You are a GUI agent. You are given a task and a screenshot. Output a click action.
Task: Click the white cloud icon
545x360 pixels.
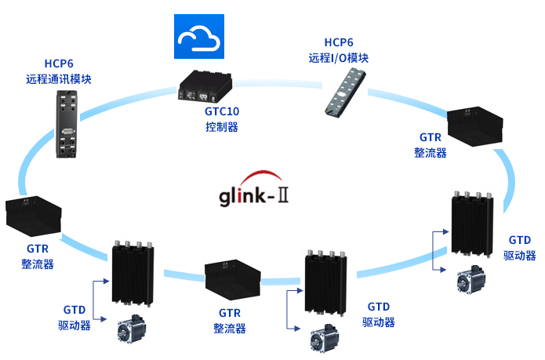coord(198,36)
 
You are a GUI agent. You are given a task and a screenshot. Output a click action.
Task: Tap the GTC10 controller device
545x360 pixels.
coord(203,86)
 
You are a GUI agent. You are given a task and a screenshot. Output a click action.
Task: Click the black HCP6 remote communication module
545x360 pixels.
coord(67,123)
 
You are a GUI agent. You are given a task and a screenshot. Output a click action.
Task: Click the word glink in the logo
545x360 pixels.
coord(242,196)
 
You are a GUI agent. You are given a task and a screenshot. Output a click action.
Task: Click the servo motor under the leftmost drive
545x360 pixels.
coord(133,330)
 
